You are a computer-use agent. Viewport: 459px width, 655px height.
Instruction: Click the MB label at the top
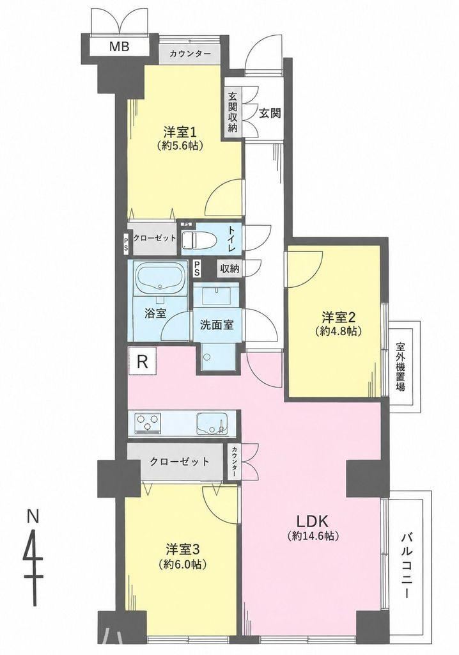point(119,46)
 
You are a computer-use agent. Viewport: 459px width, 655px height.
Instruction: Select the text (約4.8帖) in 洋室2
point(338,331)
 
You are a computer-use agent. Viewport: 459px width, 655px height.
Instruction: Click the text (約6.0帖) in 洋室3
point(183,564)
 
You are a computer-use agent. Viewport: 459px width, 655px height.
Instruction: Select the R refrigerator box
point(143,361)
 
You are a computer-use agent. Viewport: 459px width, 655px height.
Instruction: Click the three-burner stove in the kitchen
point(147,423)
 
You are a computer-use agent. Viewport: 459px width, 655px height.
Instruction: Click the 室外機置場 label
point(401,367)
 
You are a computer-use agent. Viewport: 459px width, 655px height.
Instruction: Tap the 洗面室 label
point(216,325)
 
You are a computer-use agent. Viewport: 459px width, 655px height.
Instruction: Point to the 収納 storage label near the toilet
point(229,269)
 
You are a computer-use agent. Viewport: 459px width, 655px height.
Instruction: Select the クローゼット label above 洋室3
point(180,462)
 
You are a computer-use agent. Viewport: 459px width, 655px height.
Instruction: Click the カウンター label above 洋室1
point(190,54)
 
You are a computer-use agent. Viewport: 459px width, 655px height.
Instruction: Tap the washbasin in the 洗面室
point(216,295)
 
